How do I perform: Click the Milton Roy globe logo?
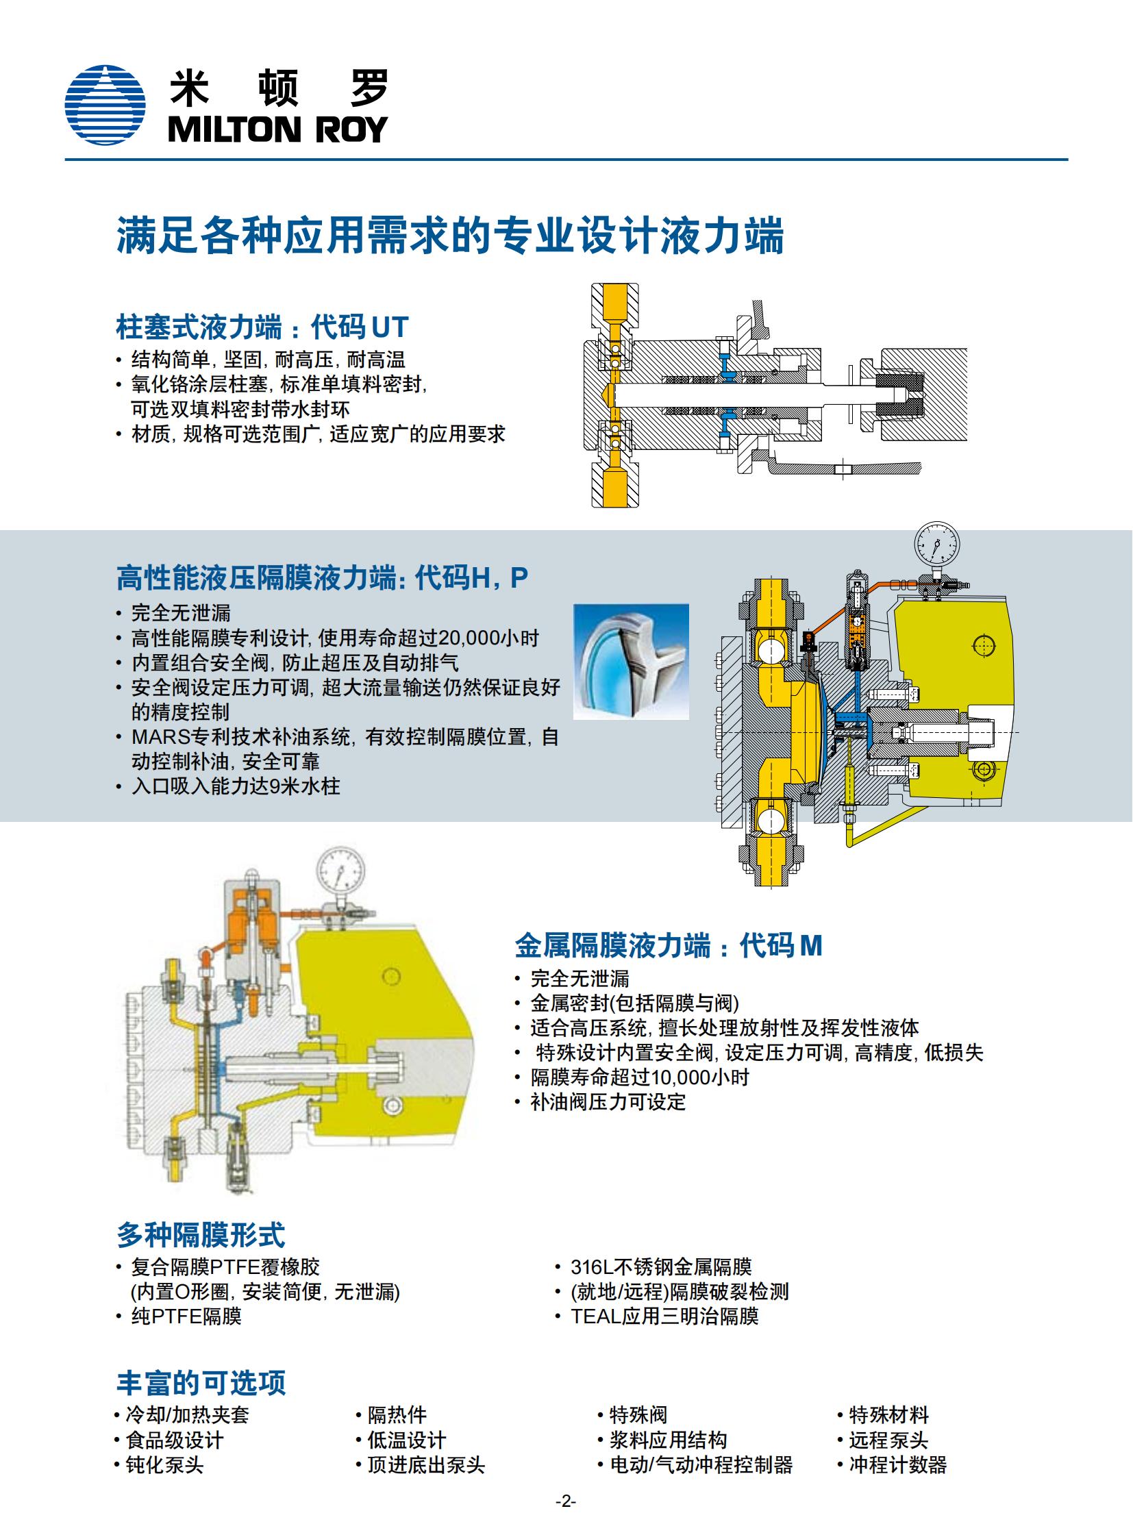coord(105,105)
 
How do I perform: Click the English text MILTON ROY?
coord(277,129)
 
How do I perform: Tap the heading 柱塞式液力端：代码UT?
coord(262,327)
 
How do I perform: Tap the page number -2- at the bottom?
coord(566,1502)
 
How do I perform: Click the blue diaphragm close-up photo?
coord(631,661)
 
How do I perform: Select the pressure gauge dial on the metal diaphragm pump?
coord(341,871)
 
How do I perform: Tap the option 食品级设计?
coord(175,1440)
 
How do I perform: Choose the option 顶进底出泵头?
coord(426,1465)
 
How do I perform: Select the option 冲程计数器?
coord(898,1465)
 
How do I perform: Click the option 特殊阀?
coord(638,1415)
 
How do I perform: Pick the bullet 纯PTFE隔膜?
coord(186,1316)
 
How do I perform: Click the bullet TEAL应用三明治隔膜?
coord(664,1316)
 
